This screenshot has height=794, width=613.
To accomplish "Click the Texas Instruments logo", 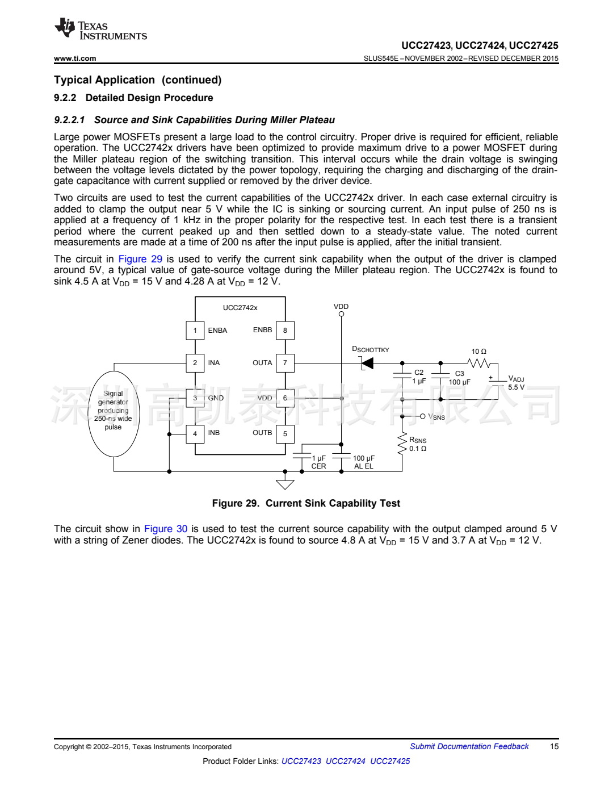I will (x=100, y=30).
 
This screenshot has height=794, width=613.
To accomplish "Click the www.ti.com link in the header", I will (x=75, y=58).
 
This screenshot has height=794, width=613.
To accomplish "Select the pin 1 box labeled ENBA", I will (x=195, y=331).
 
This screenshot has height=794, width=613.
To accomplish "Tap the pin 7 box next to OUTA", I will (x=285, y=363).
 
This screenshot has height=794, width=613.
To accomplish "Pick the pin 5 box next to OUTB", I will (x=285, y=433).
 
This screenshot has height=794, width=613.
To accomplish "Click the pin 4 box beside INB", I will (x=195, y=433).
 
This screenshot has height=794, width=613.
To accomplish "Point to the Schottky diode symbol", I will (x=367, y=363).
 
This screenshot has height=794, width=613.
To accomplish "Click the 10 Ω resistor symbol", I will (x=478, y=363).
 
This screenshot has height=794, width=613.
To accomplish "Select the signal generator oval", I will (x=114, y=413).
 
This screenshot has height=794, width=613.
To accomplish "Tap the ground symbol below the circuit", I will (x=285, y=484).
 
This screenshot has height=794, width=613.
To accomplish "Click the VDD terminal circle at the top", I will (x=341, y=314).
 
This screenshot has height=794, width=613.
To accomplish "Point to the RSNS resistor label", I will (x=418, y=440).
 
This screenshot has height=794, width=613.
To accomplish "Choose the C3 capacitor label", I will (x=460, y=374).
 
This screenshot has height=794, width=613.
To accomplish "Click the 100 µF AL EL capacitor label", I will (x=364, y=462).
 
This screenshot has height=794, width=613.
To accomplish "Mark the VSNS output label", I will (x=436, y=417).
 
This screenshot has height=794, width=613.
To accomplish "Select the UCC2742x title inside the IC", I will (x=240, y=308).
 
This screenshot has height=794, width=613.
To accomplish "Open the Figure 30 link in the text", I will (x=166, y=529).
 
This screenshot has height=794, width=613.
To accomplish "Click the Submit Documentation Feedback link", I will (x=469, y=746).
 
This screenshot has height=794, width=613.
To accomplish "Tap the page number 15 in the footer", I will (x=554, y=746).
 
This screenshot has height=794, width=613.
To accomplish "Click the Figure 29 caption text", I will (x=306, y=503).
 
